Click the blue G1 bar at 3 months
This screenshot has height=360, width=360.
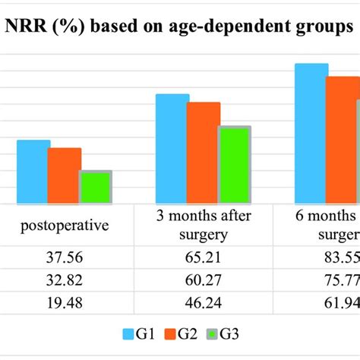172,149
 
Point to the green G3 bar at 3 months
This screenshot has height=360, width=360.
234,165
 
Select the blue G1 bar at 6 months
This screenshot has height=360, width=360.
311,134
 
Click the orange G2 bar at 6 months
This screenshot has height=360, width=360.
342,140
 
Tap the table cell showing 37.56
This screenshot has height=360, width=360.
65,257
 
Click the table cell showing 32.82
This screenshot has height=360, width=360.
65,281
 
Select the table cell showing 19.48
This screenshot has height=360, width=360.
65,305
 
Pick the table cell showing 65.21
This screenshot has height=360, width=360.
204,257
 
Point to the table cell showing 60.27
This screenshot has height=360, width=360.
204,281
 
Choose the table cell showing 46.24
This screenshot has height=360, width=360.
204,305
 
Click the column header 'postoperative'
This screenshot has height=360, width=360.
65,226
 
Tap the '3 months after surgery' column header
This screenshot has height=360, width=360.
204,225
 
